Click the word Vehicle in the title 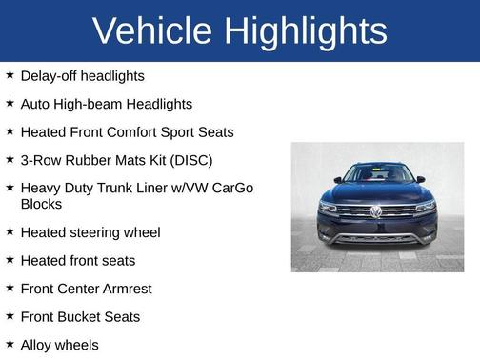tap(152, 31)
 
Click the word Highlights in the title tap(306, 31)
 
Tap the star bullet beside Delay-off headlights tap(10, 74)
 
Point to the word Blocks tap(41, 204)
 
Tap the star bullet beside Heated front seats tap(10, 259)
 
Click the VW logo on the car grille tap(376, 211)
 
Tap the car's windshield tap(377, 174)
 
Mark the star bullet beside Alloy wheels tap(10, 344)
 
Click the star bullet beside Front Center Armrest tap(10, 288)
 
